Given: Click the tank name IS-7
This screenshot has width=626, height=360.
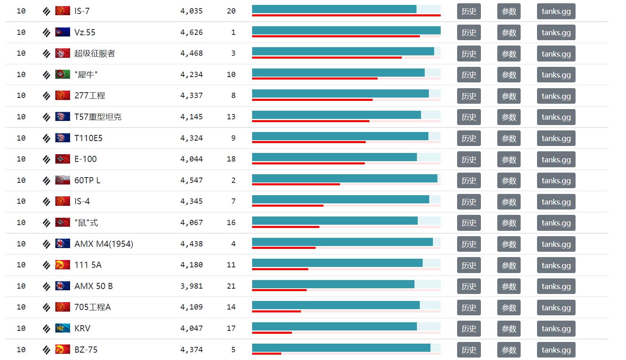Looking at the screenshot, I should pyautogui.click(x=82, y=11).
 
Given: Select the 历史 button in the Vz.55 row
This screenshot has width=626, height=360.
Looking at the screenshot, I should pyautogui.click(x=469, y=33).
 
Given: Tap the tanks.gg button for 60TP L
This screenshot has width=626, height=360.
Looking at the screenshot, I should pyautogui.click(x=556, y=181).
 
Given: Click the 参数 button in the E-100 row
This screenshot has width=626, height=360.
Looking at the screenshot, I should pyautogui.click(x=509, y=159).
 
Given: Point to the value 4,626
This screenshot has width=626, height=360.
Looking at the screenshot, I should pyautogui.click(x=191, y=32).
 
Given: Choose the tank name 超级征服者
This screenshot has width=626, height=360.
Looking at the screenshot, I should pyautogui.click(x=95, y=54).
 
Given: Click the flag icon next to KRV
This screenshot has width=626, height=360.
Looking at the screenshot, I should pyautogui.click(x=63, y=328).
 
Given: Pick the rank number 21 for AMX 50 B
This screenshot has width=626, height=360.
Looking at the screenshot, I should pyautogui.click(x=231, y=286).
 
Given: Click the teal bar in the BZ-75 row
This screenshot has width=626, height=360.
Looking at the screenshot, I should pyautogui.click(x=341, y=347).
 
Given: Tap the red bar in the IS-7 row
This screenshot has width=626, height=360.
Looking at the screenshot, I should pyautogui.click(x=346, y=15).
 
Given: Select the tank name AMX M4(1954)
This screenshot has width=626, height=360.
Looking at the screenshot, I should pyautogui.click(x=104, y=244).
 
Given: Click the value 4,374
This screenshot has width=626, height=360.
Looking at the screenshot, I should pyautogui.click(x=191, y=350).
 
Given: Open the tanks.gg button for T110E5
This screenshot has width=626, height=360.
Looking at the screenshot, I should pyautogui.click(x=556, y=139).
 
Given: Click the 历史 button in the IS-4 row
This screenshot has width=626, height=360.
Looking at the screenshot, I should pyautogui.click(x=469, y=202).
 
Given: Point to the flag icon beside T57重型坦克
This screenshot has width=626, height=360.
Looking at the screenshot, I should pyautogui.click(x=63, y=117).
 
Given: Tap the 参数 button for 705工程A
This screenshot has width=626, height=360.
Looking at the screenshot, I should pyautogui.click(x=509, y=308).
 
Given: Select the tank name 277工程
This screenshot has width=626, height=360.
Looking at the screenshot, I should pyautogui.click(x=90, y=96).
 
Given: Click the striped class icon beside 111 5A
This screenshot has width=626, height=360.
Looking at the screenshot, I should pyautogui.click(x=46, y=265).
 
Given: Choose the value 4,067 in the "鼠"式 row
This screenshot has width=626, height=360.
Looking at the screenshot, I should pyautogui.click(x=191, y=223).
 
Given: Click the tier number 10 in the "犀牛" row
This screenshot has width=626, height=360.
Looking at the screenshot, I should pyautogui.click(x=21, y=75).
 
